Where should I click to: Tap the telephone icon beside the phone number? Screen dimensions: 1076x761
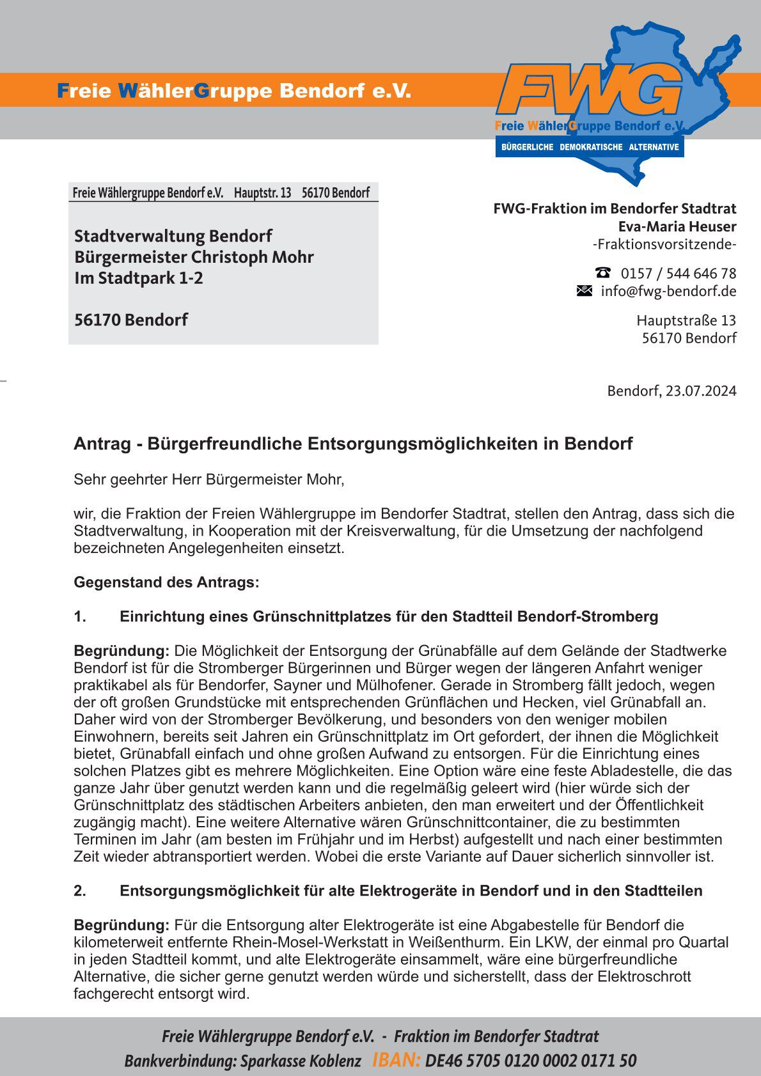coord(602,273)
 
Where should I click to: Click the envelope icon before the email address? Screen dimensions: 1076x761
coord(584,291)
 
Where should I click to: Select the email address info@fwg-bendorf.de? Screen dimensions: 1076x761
coord(668,292)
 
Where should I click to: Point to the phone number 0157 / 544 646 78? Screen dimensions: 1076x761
coord(679,274)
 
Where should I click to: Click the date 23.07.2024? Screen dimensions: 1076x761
coord(701,391)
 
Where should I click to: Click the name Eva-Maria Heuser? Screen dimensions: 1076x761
coord(677,226)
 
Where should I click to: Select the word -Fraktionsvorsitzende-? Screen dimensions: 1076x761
coord(664,244)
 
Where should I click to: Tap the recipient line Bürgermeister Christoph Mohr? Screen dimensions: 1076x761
coord(194,257)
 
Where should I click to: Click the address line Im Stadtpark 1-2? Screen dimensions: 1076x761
coord(139,278)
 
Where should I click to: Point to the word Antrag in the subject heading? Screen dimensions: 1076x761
coord(102,444)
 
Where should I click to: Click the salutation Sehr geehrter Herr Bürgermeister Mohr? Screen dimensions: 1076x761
coord(209,480)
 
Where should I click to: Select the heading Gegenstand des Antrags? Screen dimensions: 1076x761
coord(166,582)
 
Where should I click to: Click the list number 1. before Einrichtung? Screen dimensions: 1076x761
coord(80,617)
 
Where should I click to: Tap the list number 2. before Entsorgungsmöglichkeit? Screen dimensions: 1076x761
coord(80,891)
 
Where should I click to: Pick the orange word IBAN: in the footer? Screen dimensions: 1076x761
coord(396,1061)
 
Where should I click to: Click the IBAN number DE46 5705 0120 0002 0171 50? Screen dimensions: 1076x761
coord(531,1061)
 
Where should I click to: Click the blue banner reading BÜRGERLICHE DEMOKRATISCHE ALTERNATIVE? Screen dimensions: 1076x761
coord(590,147)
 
